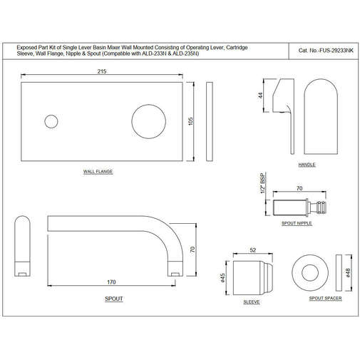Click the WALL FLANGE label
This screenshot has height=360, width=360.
pyautogui.click(x=98, y=172)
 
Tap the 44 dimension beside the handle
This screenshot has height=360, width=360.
pyautogui.click(x=262, y=95)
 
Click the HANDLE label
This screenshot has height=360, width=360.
pyautogui.click(x=307, y=165)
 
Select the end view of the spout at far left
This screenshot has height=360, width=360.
pyautogui.click(x=21, y=247)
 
